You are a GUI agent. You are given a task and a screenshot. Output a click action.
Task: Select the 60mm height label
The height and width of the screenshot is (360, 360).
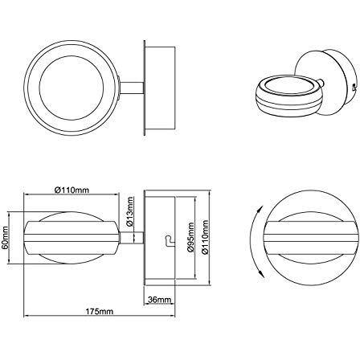tap(7, 238)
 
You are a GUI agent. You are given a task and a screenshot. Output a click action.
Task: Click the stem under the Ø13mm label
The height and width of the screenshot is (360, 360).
tap(136, 238)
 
